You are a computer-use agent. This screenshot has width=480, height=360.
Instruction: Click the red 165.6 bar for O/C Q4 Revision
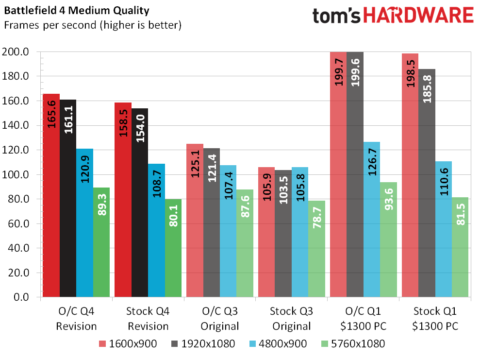point(51,194)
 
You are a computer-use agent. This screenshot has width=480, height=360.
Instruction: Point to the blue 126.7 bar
point(372,219)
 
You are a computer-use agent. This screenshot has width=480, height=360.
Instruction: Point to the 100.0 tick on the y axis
point(18,174)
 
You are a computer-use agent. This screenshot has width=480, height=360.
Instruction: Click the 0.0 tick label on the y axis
point(24,297)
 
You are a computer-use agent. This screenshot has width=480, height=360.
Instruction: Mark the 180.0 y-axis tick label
point(18,76)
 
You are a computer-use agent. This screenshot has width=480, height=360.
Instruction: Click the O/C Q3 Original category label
point(220,318)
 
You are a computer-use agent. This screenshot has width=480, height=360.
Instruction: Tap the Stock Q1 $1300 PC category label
point(435,318)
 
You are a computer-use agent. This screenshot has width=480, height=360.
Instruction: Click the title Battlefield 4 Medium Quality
point(76,10)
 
